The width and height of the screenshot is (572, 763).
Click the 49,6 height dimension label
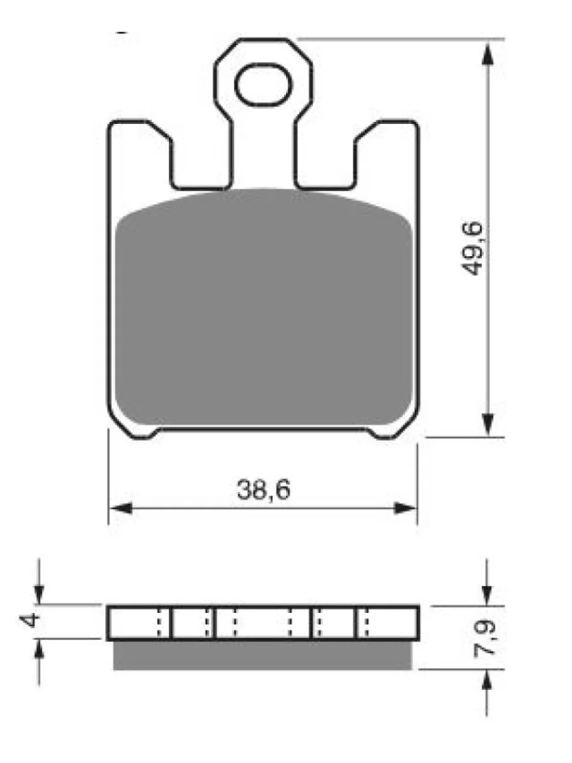tap(472, 248)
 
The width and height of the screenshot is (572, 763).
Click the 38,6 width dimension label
tap(263, 490)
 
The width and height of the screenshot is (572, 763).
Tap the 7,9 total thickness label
tap(484, 638)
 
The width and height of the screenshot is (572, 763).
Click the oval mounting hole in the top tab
tap(263, 85)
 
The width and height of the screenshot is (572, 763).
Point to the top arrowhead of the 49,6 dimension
tap(488, 55)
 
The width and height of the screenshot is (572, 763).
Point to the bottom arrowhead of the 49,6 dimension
tap(488, 424)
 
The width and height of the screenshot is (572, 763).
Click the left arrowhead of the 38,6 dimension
tap(121, 509)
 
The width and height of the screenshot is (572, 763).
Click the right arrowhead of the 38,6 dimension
tap(405, 509)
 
